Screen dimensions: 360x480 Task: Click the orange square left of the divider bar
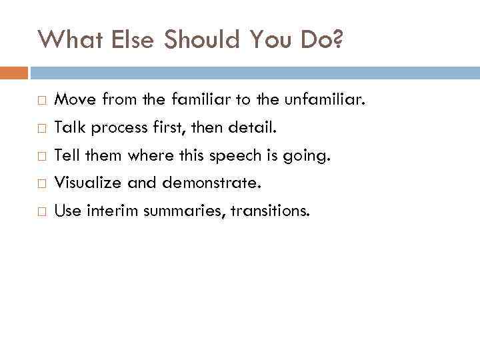point(14,72)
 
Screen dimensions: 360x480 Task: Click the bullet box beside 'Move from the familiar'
point(41,101)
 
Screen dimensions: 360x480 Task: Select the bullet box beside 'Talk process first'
point(41,128)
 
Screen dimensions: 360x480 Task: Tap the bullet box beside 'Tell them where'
point(41,156)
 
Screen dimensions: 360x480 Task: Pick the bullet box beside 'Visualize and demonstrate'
point(41,183)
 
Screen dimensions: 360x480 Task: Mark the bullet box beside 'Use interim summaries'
point(41,211)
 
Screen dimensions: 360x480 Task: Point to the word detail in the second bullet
point(247,127)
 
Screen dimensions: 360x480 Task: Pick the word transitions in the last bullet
point(270,211)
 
